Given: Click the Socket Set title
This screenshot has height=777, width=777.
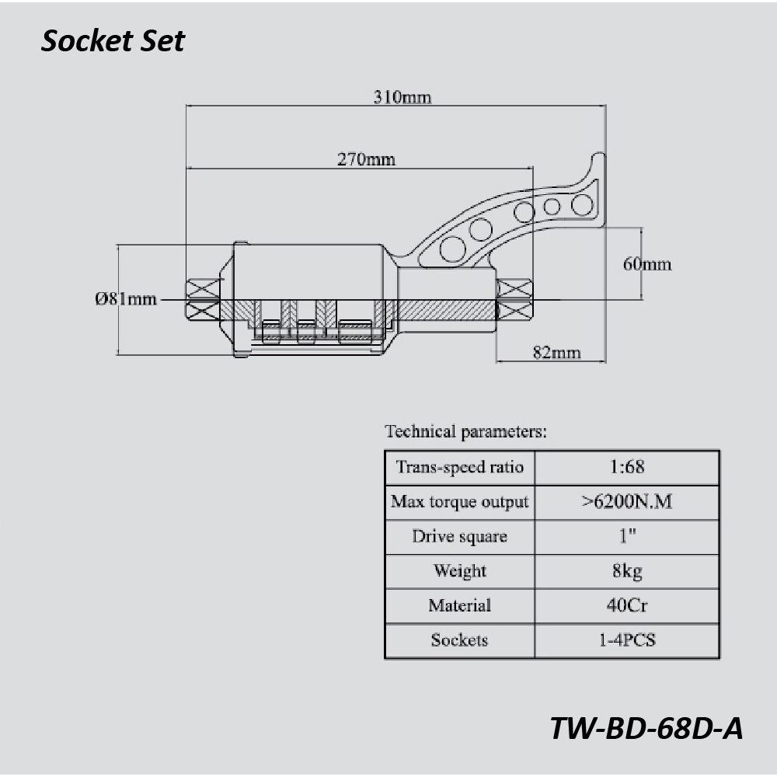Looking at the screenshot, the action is (x=113, y=40).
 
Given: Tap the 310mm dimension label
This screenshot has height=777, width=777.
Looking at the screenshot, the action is (x=402, y=96).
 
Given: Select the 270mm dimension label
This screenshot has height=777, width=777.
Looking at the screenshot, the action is (x=366, y=159).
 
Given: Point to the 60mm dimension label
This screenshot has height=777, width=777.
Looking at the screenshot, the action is (x=647, y=263).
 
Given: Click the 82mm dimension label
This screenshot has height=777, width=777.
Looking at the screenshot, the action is (x=556, y=352).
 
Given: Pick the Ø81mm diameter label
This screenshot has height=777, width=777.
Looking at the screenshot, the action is (x=126, y=299).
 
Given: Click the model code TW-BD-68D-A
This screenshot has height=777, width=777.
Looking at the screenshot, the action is (x=646, y=729).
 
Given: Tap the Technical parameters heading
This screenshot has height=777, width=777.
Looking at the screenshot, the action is (x=465, y=431).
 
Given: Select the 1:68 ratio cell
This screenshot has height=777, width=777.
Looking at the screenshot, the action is (x=627, y=467).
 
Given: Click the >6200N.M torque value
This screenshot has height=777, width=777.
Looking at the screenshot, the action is (x=627, y=501).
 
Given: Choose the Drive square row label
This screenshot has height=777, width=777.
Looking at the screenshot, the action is (x=460, y=537).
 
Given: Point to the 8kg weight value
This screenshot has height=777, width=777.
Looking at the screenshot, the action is (x=627, y=571).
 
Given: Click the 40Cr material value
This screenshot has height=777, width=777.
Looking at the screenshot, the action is (x=627, y=605).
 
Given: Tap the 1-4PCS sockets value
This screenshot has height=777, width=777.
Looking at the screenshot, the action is (x=627, y=639).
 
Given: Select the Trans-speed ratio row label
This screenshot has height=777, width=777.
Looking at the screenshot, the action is (x=460, y=467).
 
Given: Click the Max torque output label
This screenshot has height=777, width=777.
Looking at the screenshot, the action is (x=460, y=501).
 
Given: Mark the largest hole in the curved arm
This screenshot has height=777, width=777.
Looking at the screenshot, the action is (x=452, y=249).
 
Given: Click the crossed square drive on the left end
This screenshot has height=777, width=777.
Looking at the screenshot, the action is (x=203, y=299).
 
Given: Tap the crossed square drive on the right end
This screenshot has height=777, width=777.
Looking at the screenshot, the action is (x=514, y=299).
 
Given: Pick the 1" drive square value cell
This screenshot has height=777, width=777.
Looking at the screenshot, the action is (x=627, y=537).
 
